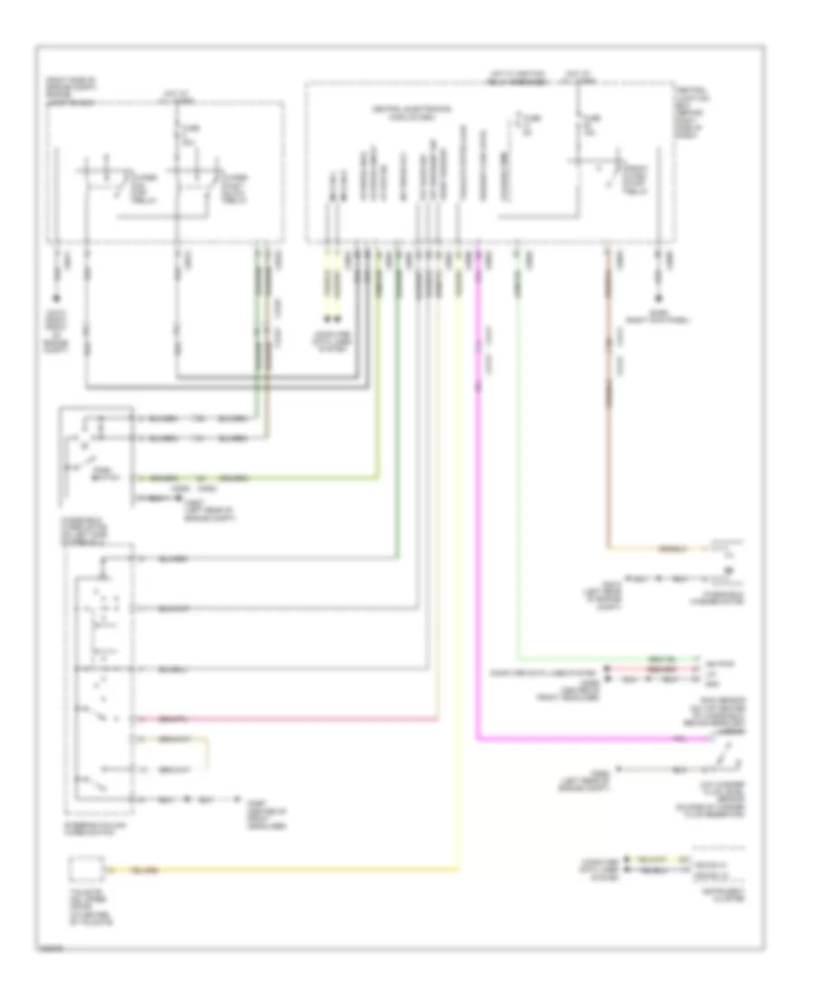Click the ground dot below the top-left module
coord(57,298)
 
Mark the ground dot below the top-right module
coord(658,298)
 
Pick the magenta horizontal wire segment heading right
coord(589,739)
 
